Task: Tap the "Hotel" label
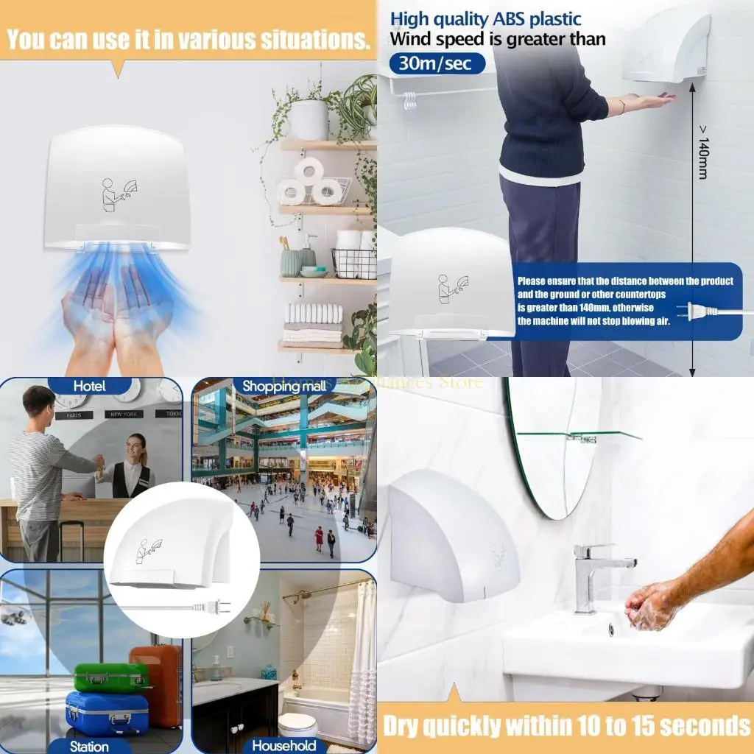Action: (x=89, y=386)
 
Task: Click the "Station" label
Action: (x=89, y=745)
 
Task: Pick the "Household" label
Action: (x=283, y=745)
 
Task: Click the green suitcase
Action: (x=110, y=677)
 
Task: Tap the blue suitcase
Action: (x=107, y=713)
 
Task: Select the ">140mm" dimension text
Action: (x=702, y=159)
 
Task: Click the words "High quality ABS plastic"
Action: (x=485, y=19)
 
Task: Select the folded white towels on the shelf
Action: (x=313, y=324)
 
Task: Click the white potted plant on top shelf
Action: (x=309, y=118)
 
